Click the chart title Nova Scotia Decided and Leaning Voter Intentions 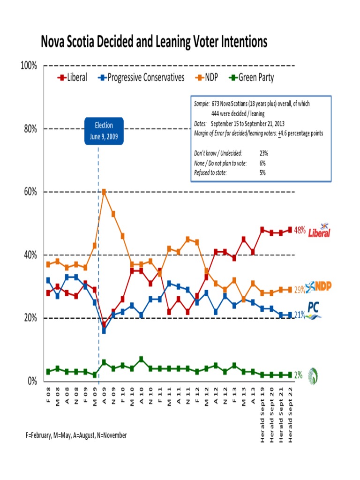pyautogui.click(x=154, y=42)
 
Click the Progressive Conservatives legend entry pyautogui.click(x=141, y=77)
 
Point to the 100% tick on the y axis pyautogui.click(x=29, y=66)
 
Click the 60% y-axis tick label pyautogui.click(x=30, y=192)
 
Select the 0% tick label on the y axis pyautogui.click(x=32, y=381)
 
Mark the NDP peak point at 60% pyautogui.click(x=104, y=192)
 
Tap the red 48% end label pyautogui.click(x=300, y=230)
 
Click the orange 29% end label pyautogui.click(x=299, y=290)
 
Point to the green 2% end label pyautogui.click(x=298, y=375)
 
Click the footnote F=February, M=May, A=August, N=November pyautogui.click(x=76, y=435)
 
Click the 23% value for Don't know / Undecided pyautogui.click(x=263, y=153)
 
